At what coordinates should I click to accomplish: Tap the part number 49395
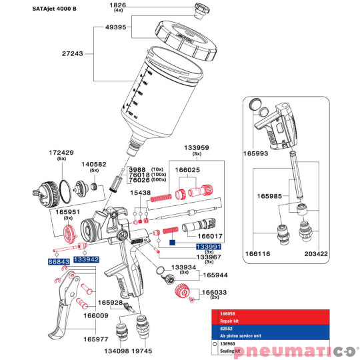point(117,29)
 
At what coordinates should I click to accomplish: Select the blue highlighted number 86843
point(58,262)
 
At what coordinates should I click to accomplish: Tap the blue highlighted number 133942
point(86,259)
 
